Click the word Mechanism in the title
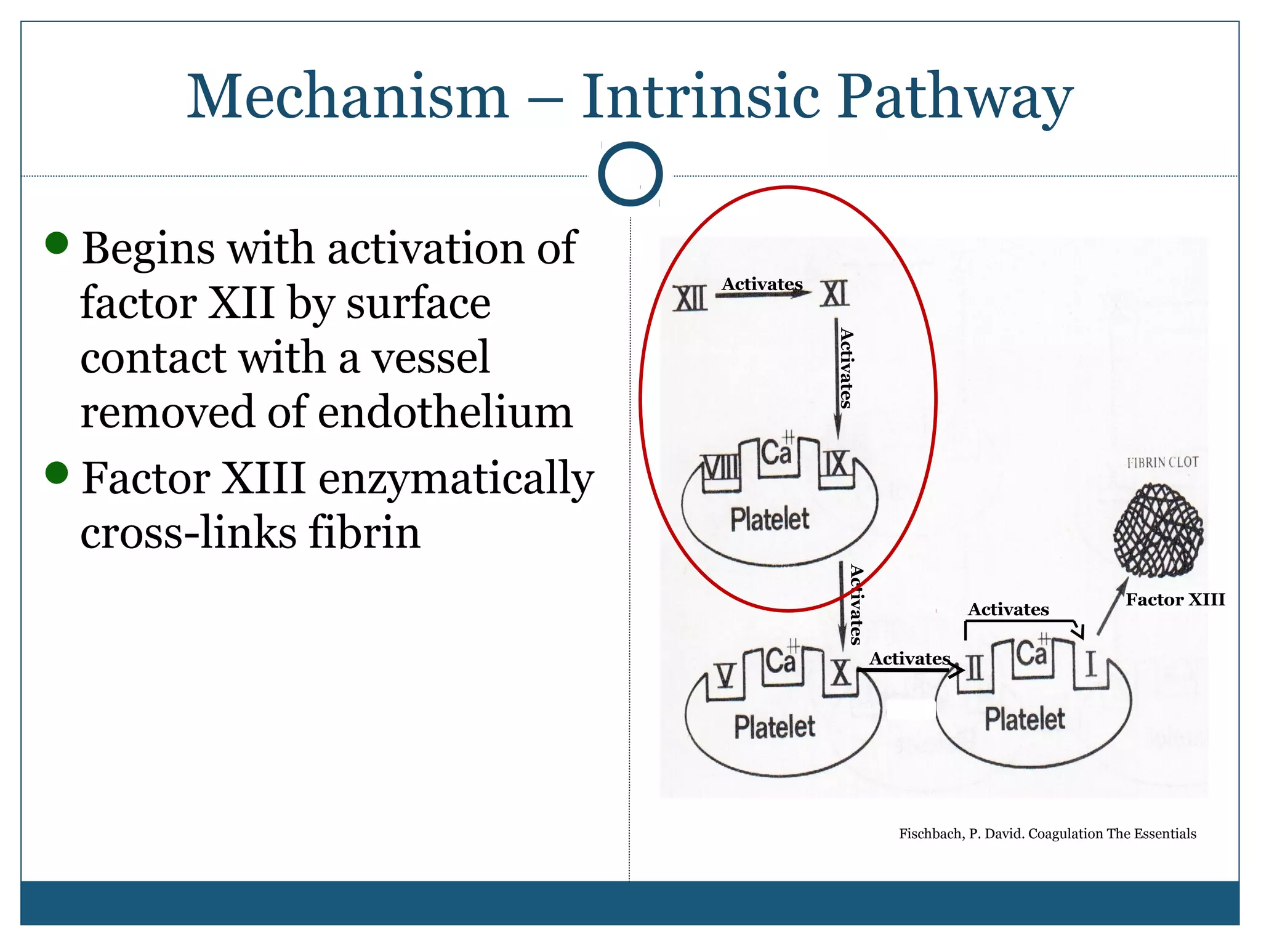click(348, 97)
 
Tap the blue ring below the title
click(630, 174)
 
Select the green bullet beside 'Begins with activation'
click(57, 243)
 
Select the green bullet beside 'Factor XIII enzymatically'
click(57, 473)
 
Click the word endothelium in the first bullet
click(445, 412)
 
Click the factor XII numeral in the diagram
click(690, 299)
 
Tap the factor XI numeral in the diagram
click(834, 293)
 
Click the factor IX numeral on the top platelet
click(836, 464)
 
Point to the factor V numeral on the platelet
click(726, 676)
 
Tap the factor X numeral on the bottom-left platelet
click(841, 673)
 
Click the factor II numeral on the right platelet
click(975, 668)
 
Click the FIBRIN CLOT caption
click(1162, 463)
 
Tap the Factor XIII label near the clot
click(1175, 600)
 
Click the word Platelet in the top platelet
click(770, 519)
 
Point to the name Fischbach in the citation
click(931, 834)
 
